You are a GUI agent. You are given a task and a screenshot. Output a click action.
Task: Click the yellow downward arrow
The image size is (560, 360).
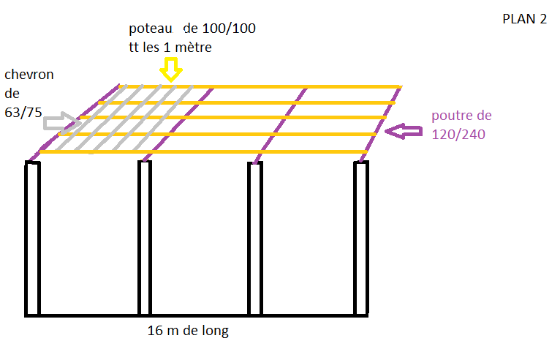[x=171, y=70]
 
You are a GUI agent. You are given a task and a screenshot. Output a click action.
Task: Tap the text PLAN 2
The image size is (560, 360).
[x=524, y=20]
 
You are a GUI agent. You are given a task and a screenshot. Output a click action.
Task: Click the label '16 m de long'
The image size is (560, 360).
[x=188, y=331]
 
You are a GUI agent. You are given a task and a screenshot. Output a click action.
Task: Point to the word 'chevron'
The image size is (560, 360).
[x=29, y=75]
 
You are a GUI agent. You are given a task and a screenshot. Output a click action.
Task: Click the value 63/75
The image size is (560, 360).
[x=24, y=113]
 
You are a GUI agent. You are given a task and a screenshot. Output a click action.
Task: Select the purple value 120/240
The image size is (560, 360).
[x=458, y=135]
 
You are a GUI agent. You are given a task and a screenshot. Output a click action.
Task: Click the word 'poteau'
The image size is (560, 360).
[x=151, y=29]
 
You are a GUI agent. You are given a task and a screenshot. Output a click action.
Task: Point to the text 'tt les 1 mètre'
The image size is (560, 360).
[x=170, y=48]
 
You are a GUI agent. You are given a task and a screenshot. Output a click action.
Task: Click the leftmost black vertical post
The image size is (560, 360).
[x=33, y=238]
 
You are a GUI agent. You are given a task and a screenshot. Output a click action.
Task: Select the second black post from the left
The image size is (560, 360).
[x=145, y=238]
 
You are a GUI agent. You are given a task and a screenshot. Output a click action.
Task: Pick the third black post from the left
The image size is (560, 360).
[x=254, y=238]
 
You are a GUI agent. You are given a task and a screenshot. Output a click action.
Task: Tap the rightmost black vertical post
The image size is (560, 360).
[x=361, y=238]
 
